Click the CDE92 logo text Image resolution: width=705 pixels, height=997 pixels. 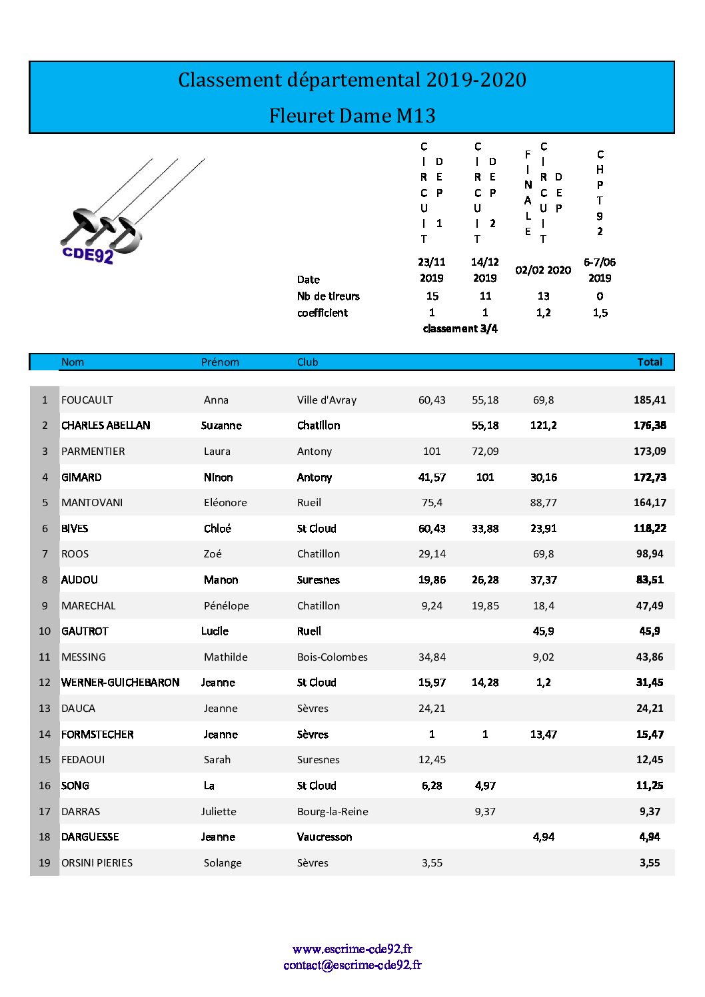point(87,254)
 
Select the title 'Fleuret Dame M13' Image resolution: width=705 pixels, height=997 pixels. point(352,116)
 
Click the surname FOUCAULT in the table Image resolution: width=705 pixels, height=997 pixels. point(87,400)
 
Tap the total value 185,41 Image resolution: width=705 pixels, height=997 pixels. point(649,400)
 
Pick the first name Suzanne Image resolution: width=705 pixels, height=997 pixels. point(221,426)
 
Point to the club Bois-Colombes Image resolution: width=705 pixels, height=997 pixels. point(332,657)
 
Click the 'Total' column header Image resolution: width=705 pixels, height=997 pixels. point(649,362)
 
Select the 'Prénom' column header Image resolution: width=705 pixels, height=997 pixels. point(220,362)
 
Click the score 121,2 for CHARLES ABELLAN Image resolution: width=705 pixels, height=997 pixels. point(543,426)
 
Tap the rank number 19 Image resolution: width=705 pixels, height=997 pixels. point(45,863)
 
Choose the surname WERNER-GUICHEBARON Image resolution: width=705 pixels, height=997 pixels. point(120,683)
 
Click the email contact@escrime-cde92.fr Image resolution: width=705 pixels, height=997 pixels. point(352,965)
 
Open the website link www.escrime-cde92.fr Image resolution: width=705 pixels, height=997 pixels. point(352,949)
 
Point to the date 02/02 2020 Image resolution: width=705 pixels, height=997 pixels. point(543,270)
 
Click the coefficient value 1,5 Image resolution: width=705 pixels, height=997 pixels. point(600,313)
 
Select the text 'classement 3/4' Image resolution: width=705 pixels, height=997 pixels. point(460,329)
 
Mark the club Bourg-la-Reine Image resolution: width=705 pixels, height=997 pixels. point(333,812)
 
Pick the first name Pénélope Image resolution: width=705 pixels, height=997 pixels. point(226,606)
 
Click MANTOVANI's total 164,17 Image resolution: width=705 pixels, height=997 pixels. point(649,503)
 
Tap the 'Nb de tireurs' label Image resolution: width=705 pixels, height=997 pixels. point(328,296)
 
